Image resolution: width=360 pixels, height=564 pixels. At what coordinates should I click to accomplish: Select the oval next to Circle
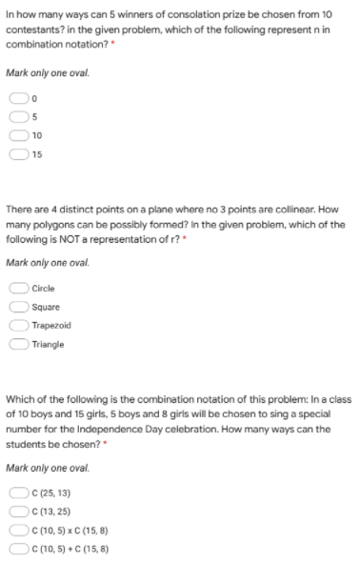[x=19, y=288]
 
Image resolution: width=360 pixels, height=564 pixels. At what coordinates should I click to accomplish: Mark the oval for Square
[x=19, y=306]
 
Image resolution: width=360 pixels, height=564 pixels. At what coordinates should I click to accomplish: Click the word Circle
[x=43, y=288]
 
